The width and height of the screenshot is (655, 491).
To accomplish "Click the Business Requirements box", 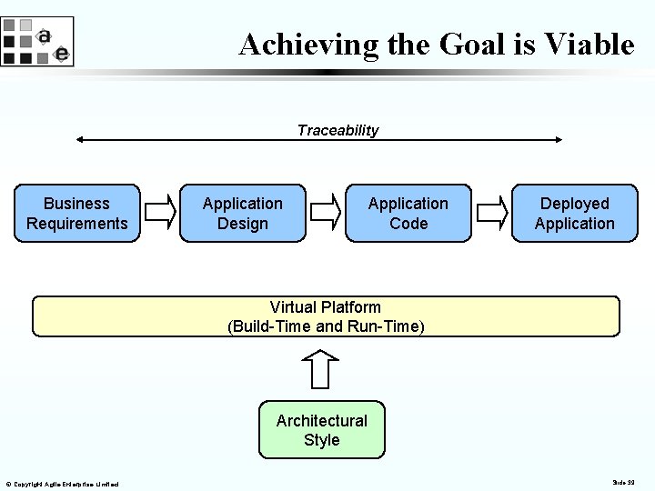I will (77, 214).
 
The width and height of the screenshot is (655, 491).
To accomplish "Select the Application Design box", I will (243, 214).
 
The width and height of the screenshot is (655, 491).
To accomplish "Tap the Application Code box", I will (408, 214).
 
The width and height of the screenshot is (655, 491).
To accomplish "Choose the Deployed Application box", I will (574, 214).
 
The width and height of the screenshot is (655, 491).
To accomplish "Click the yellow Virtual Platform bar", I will (326, 316).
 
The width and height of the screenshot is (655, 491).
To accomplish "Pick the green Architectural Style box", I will (322, 430).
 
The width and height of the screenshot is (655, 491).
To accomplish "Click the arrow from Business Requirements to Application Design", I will (160, 213).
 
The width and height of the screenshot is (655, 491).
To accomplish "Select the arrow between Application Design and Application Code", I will (326, 213).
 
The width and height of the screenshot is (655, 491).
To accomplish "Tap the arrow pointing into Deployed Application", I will (492, 213).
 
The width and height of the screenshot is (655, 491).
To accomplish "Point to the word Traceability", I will (338, 130).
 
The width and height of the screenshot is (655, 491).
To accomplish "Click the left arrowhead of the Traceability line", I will (80, 140).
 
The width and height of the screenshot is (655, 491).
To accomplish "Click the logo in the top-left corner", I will (36, 42).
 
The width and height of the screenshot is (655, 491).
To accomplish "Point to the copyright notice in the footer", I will (62, 484).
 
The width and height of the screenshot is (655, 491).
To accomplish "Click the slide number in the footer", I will (623, 482).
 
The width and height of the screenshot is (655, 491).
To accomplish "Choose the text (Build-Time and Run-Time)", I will (326, 326).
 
